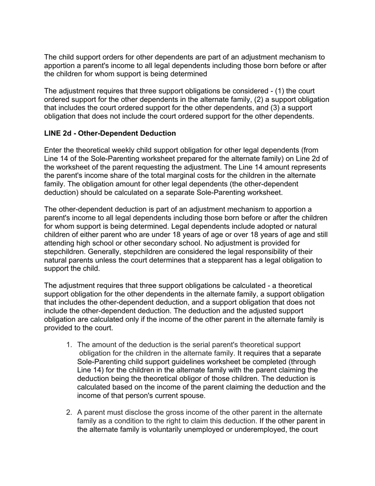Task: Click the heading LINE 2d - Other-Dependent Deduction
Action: coord(110,134)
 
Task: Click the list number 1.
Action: coord(69,345)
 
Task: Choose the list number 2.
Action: coord(69,413)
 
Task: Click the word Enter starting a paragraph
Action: coord(53,151)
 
